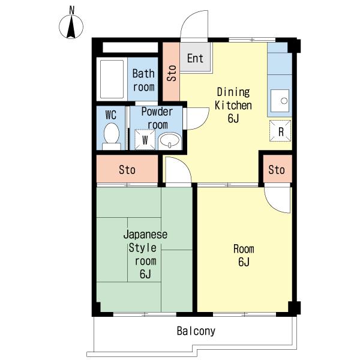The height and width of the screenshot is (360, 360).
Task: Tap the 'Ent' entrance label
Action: (195, 58)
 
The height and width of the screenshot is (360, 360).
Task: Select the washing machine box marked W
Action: (145, 140)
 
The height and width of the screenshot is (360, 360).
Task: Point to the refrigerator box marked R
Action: (280, 131)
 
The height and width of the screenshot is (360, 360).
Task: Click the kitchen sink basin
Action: (280, 101)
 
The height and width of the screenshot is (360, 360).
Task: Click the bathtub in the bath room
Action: (112, 79)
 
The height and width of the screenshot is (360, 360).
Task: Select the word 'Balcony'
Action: (196, 331)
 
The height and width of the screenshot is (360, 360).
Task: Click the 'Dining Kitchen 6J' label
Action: (233, 105)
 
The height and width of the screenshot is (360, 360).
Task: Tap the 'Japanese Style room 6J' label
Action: (145, 254)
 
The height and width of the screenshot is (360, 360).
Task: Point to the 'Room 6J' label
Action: (244, 256)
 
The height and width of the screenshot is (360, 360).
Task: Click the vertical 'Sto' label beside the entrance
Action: (172, 73)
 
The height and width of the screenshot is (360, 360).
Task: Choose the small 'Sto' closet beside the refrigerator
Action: (277, 169)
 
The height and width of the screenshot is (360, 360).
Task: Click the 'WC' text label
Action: (111, 115)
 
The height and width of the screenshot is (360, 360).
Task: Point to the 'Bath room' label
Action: (143, 80)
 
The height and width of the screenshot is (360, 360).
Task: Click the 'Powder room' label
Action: (157, 118)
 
